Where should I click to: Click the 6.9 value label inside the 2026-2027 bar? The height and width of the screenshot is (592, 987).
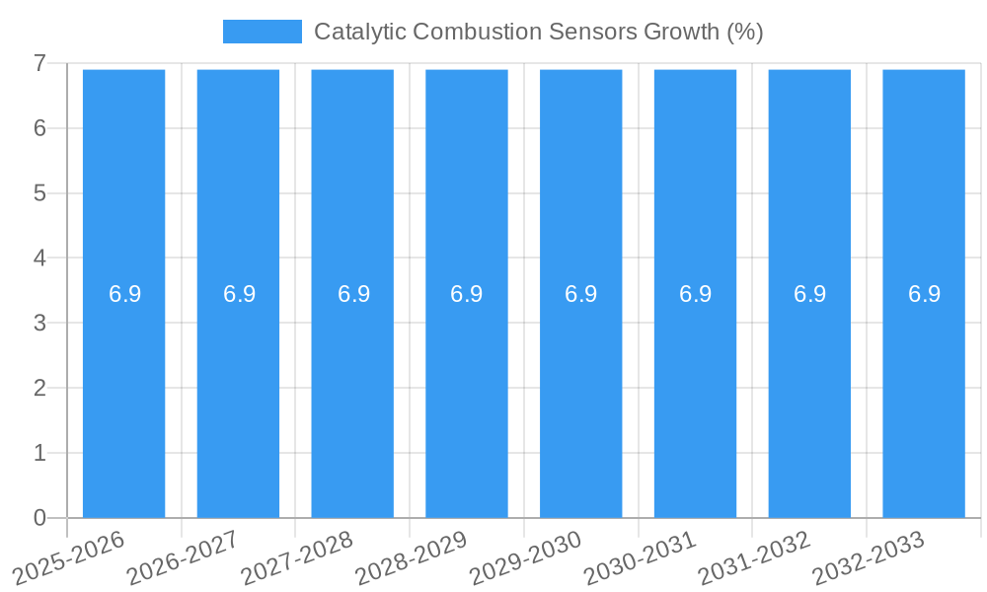[x=239, y=294]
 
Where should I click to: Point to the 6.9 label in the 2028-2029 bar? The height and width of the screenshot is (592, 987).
[x=467, y=294]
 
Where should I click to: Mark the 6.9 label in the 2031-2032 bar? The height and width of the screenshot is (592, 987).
[x=809, y=294]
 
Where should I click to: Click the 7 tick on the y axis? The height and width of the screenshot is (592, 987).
[x=39, y=64]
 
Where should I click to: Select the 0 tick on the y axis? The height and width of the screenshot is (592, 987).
[x=39, y=518]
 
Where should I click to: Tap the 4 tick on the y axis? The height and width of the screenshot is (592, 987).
[x=39, y=259]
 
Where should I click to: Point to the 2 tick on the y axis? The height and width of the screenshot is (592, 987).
[x=39, y=388]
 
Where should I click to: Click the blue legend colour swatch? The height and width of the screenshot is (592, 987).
[x=263, y=32]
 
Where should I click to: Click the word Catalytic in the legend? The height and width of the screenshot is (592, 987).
[x=358, y=32]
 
